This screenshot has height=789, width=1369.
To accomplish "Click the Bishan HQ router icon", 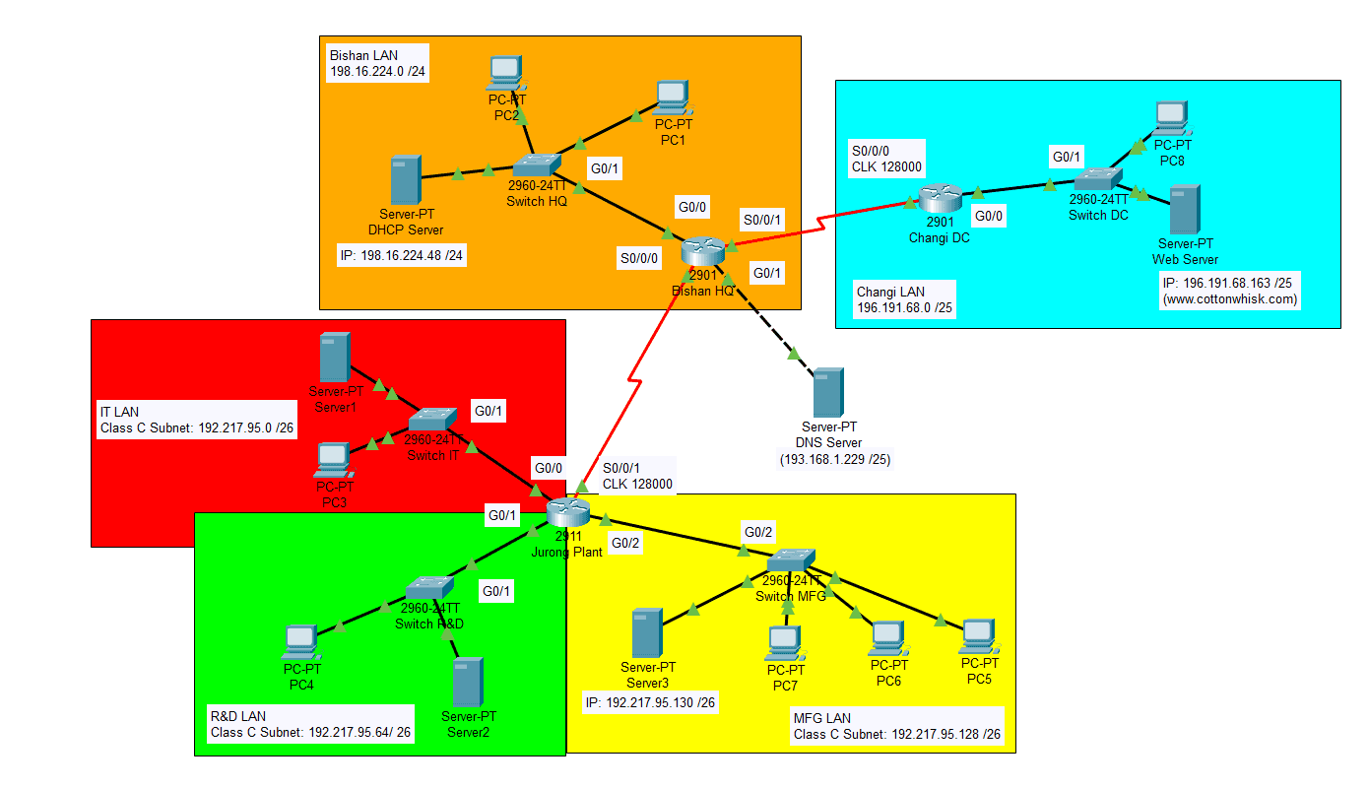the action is [x=703, y=250].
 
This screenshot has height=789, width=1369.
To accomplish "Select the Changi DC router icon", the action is [x=940, y=197].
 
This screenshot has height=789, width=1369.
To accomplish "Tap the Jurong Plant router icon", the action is [x=568, y=512].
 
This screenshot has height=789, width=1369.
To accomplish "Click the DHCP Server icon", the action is [x=406, y=179].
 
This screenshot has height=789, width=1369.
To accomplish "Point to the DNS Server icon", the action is [x=828, y=392].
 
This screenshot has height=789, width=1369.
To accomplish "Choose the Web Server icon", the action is [x=1185, y=209].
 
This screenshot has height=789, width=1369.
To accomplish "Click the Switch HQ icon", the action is [x=537, y=164].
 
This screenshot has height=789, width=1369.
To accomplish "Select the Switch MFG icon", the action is [x=791, y=559].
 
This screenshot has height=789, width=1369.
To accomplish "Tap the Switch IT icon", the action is [x=432, y=419].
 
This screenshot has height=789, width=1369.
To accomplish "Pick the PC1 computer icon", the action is [x=673, y=99].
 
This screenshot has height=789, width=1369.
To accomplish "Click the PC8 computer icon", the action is [x=1172, y=118].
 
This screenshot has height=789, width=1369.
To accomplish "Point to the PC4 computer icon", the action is [x=301, y=642].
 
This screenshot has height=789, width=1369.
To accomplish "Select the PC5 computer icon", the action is [x=979, y=637].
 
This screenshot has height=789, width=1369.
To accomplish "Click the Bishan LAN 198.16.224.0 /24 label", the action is [x=377, y=63].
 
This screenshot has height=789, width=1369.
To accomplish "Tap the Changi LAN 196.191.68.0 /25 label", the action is [x=904, y=299].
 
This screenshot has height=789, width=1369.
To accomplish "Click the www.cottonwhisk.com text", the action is [x=1230, y=298].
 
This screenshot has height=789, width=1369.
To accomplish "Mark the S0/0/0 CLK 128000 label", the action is [x=886, y=159].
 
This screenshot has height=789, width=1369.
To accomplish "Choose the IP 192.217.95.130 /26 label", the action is [x=650, y=702].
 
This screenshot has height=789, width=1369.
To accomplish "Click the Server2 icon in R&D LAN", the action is [x=468, y=682].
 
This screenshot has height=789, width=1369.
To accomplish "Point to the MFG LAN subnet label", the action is [x=897, y=726].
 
